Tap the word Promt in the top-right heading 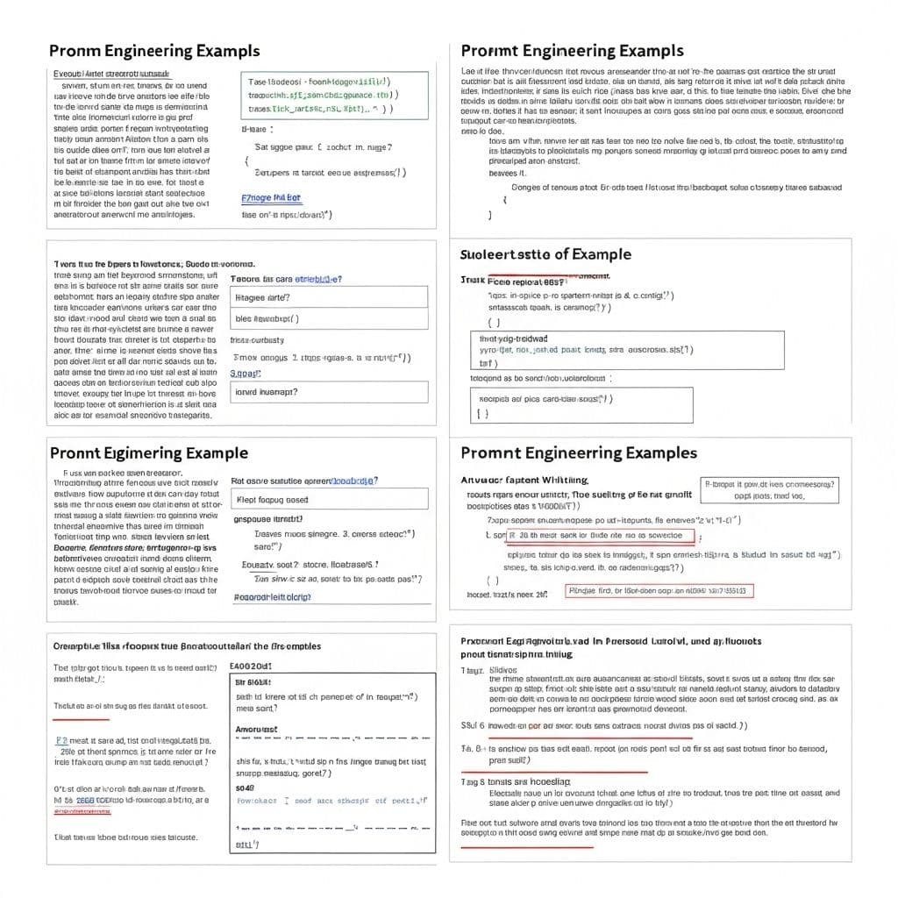coord(488,51)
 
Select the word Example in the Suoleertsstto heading coord(601,254)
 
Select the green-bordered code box coord(334,95)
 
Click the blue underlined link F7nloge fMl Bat coord(270,198)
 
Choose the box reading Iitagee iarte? coord(329,297)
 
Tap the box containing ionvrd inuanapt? coord(329,391)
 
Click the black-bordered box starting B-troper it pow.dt coord(769,489)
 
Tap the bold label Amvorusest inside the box coord(257,729)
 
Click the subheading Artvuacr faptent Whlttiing coord(524,481)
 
